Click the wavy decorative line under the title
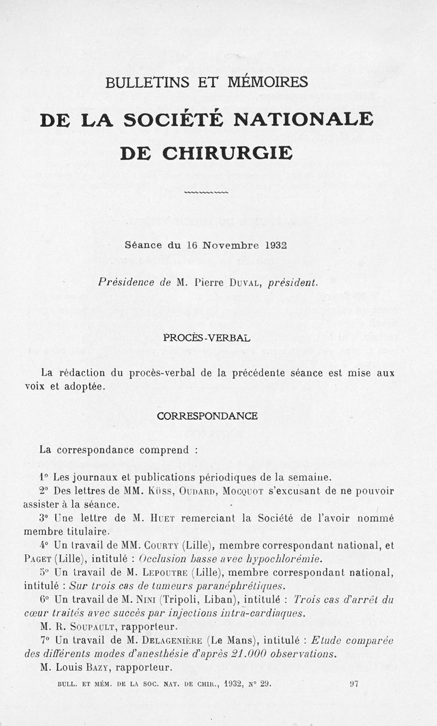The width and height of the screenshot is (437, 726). coord(206,192)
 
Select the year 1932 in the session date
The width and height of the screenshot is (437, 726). coord(276,245)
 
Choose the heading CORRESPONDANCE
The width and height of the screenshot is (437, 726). coord(207,416)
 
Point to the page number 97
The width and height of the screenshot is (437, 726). coord(353,683)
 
